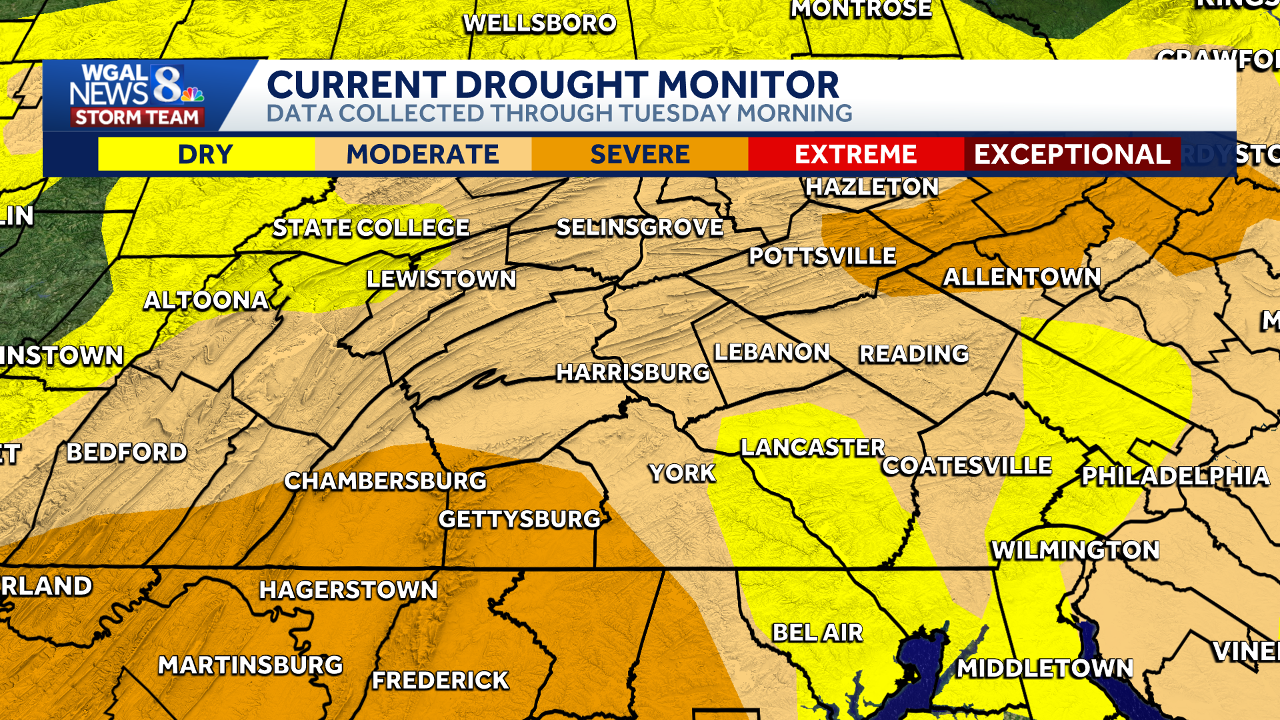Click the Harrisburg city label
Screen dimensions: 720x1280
pos(633,372)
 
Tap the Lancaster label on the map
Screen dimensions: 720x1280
pos(813,447)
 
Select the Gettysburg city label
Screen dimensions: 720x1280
pos(519,519)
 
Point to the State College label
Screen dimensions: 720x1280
pos(371,228)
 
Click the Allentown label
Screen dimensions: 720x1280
pos(1022,277)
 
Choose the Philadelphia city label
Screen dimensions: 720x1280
pos(1175,476)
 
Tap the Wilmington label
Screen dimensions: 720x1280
pos(1075,550)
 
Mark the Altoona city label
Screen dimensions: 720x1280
pos(206,300)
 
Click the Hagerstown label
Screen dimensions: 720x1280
pos(348,589)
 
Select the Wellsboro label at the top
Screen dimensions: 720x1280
pos(539,23)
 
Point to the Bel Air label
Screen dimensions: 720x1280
pos(817,632)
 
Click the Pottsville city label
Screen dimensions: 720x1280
pos(822,256)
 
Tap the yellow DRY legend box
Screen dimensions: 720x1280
pos(206,154)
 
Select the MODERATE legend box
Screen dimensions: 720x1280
pos(423,154)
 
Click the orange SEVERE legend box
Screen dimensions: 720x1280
pos(639,154)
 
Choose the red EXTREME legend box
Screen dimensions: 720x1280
pos(856,154)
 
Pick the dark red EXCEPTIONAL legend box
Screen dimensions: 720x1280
pos(1072,154)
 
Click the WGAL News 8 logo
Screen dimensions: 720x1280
pos(137,95)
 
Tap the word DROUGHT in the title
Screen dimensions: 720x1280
pos(551,85)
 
